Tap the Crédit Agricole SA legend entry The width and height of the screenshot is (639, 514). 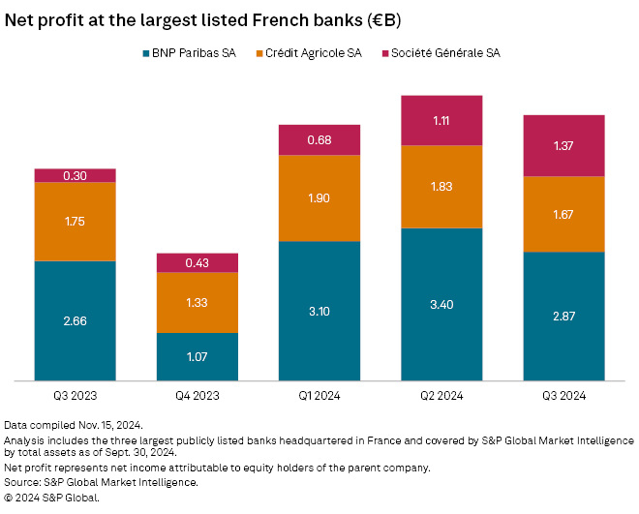[313, 53]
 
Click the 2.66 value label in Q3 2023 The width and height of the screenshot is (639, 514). [75, 320]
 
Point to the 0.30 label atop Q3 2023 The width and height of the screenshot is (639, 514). [75, 175]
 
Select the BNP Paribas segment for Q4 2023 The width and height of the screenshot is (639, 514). [198, 356]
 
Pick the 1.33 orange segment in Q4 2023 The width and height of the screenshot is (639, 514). [198, 303]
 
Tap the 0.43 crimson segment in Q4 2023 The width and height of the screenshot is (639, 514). [198, 262]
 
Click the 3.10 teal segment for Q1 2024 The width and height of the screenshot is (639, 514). [319, 310]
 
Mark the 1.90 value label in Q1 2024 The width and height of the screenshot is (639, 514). [319, 197]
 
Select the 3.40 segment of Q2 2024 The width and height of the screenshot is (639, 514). [441, 304]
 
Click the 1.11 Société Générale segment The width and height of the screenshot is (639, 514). [441, 120]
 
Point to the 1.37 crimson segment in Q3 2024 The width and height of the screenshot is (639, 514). [563, 145]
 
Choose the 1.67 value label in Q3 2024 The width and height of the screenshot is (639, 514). [563, 214]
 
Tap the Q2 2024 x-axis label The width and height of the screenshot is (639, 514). [441, 395]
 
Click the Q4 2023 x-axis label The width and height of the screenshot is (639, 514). [198, 395]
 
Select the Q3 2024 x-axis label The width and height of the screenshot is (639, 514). [563, 395]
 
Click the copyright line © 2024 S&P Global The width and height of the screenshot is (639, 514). [52, 497]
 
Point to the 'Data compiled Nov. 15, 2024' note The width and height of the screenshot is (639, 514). [73, 425]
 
